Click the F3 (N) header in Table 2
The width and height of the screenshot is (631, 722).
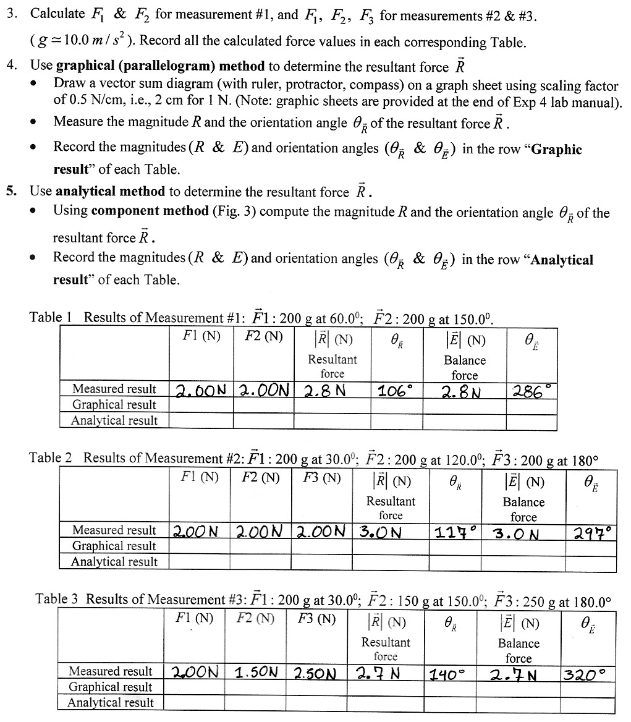(322, 478)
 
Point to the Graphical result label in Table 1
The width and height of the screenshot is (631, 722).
(114, 405)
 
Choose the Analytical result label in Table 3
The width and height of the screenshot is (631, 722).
(111, 702)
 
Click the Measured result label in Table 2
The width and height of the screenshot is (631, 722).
(114, 530)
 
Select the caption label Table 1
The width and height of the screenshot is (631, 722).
(51, 317)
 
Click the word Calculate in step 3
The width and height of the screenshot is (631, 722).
(57, 14)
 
